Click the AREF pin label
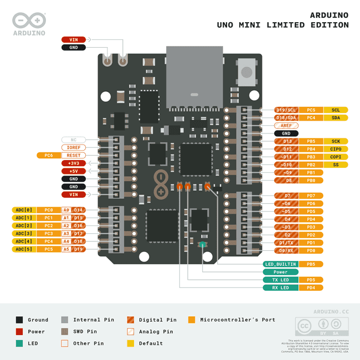tap(286, 126)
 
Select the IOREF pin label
tap(73, 148)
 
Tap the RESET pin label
tap(73, 156)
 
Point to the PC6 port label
tap(48, 156)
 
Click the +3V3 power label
tap(73, 163)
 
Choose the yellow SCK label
tap(336, 141)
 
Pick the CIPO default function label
tap(336, 149)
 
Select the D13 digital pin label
tap(286, 141)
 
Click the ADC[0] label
tap(24, 210)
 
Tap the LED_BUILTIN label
tap(280, 264)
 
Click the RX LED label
tap(280, 287)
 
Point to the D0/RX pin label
tap(286, 250)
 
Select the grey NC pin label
tap(73, 140)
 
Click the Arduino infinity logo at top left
tap(29, 20)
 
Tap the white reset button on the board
tap(246, 72)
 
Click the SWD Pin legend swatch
tap(65, 331)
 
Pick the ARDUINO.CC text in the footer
tap(331, 312)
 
